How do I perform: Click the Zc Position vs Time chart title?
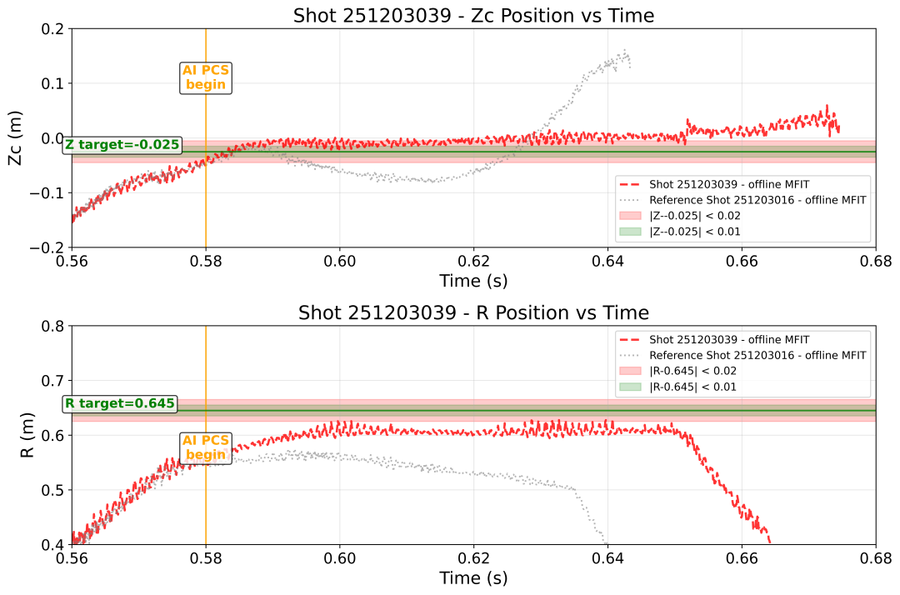pyautogui.click(x=473, y=15)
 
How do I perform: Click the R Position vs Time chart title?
pyautogui.click(x=473, y=312)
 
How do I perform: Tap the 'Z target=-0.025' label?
pyautogui.click(x=122, y=145)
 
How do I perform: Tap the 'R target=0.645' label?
pyautogui.click(x=120, y=404)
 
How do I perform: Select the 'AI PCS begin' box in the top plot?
pyautogui.click(x=205, y=77)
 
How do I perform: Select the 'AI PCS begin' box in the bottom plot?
pyautogui.click(x=205, y=447)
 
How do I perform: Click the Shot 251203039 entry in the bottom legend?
pyautogui.click(x=729, y=339)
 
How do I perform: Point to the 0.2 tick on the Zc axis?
pyautogui.click(x=53, y=29)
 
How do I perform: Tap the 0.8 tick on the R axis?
pyautogui.click(x=53, y=326)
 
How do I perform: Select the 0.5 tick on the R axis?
pyautogui.click(x=53, y=490)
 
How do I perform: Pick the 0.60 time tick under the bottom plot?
pyautogui.click(x=339, y=557)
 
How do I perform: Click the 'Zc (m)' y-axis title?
pyautogui.click(x=16, y=138)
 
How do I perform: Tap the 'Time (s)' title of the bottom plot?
pyautogui.click(x=473, y=577)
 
